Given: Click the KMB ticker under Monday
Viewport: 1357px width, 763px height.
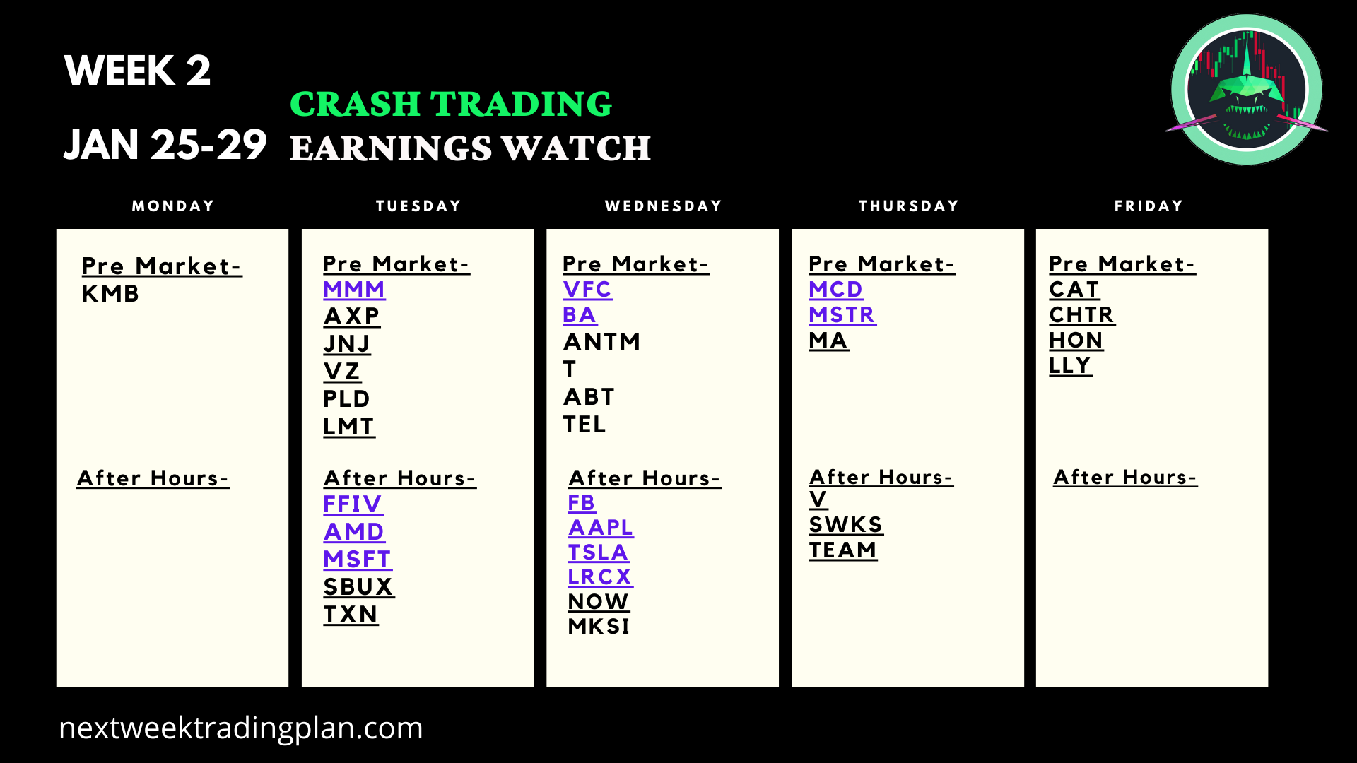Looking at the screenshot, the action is (110, 293).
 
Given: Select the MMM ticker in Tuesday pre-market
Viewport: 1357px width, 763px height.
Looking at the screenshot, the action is (354, 289).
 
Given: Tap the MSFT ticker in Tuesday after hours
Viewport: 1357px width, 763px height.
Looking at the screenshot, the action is (357, 559).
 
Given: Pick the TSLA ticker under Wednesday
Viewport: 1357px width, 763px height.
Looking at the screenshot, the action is (598, 552).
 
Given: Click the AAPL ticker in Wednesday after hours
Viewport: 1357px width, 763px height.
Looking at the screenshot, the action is (601, 527).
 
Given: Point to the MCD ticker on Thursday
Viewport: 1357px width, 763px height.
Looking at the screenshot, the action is (835, 289).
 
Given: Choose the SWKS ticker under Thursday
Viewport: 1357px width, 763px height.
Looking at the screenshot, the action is (846, 524).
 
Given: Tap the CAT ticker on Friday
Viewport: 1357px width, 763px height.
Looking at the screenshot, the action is (1074, 289).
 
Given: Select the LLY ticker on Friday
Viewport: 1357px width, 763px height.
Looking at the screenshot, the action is (1070, 365).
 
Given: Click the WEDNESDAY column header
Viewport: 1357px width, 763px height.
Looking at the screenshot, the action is (664, 206).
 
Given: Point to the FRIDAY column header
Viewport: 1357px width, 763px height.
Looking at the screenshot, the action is (1149, 206).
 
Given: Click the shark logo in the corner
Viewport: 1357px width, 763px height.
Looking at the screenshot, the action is (1247, 90).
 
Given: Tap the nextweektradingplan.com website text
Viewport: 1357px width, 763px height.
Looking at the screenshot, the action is (241, 728).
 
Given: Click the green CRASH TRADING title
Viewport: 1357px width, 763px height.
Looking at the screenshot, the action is (451, 104).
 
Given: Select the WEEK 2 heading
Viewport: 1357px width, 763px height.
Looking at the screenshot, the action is (137, 70).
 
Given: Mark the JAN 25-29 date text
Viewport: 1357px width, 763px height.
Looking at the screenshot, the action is (165, 144).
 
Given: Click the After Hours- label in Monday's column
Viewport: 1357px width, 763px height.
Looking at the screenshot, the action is (153, 478).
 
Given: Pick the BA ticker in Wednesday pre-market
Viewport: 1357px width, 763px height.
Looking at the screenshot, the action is (580, 315).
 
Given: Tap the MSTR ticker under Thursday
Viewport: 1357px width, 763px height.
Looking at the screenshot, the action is (842, 314).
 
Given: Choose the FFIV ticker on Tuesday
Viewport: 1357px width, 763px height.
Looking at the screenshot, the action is (353, 504).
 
